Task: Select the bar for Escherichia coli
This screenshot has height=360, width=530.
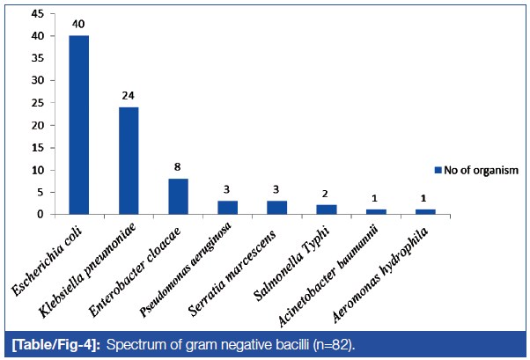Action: pos(78,125)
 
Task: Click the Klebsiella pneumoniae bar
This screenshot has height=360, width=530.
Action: pos(129,160)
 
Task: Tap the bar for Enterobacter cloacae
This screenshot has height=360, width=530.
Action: pos(178,196)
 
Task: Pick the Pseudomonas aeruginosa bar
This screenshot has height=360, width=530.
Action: pos(227,207)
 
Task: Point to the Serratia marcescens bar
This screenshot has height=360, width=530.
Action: pos(277,207)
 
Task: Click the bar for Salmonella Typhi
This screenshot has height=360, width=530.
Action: pos(327,209)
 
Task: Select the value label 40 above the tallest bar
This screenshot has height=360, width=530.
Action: pos(78,26)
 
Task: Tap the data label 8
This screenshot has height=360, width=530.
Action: pos(178,169)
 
